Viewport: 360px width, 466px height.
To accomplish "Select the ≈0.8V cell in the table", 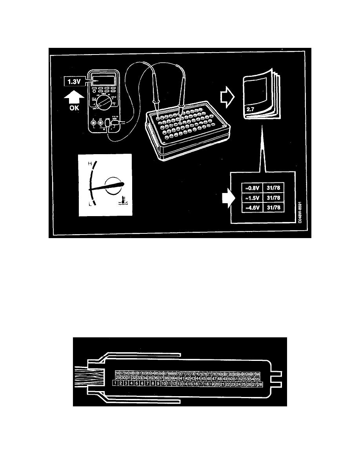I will [x=249, y=188].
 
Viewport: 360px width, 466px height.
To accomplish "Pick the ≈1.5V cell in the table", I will [x=249, y=198].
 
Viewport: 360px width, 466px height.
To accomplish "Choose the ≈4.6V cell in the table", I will [x=249, y=208].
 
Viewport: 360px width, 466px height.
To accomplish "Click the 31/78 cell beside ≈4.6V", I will [x=274, y=208].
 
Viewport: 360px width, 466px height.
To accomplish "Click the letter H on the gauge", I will [x=90, y=163].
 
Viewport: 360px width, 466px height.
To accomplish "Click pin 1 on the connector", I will [x=116, y=383].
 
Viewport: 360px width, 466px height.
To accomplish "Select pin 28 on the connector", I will [x=260, y=383].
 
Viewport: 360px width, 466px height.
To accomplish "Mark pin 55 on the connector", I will [x=257, y=378].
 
